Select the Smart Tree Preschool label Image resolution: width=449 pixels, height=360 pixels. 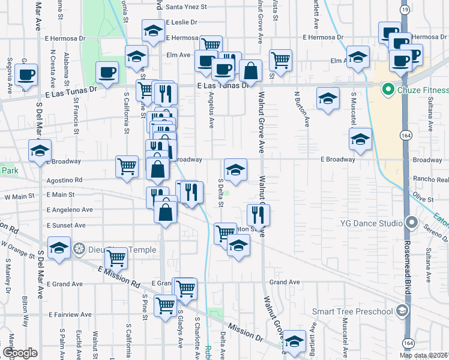354,311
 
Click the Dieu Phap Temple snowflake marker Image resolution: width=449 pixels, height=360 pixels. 79,248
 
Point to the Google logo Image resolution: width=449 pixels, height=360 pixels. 20,353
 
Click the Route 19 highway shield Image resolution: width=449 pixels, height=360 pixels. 405,10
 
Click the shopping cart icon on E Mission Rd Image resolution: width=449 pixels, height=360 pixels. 116,259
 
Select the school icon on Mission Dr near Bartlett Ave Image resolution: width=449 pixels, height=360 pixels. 294,341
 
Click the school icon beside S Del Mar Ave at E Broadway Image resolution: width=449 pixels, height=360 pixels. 40,151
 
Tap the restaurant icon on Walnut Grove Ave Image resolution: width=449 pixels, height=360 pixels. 258,214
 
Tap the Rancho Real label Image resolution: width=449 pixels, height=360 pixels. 431,179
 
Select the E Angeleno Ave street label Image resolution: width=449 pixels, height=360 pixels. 70,210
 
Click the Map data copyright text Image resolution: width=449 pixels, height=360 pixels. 423,355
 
